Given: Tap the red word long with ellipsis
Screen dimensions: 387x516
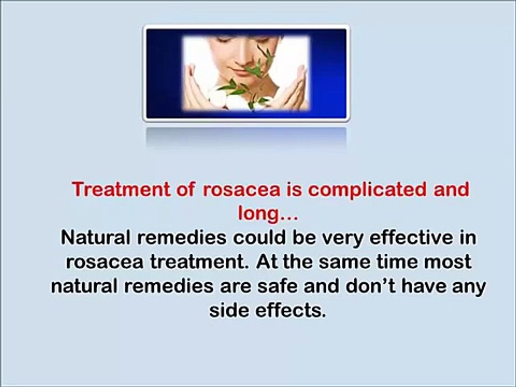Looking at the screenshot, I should pos(267,214).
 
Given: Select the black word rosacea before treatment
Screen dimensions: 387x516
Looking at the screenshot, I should pos(100,262).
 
